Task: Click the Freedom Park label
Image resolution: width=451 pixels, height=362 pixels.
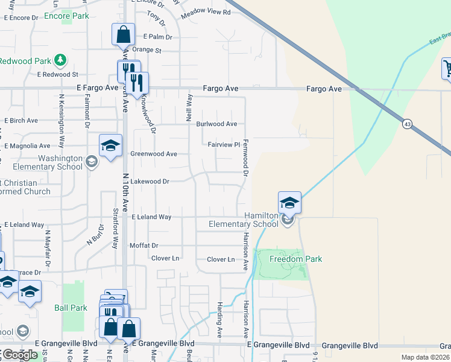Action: click(x=295, y=259)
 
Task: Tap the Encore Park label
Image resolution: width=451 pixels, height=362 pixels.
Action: click(x=66, y=16)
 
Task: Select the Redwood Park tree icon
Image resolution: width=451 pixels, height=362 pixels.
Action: click(x=59, y=60)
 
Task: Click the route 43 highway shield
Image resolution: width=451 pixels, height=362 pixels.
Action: click(x=408, y=124)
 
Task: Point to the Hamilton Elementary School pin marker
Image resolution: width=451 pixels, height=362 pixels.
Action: click(x=289, y=202)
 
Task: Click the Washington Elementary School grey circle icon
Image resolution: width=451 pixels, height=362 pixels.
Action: click(x=91, y=161)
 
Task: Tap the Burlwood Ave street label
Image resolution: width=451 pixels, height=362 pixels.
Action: click(x=216, y=124)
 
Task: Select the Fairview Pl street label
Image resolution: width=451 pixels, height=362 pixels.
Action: click(x=224, y=145)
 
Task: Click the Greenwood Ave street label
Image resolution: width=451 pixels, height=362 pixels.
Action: click(x=154, y=154)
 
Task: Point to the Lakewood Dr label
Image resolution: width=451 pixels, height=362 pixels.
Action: click(x=150, y=180)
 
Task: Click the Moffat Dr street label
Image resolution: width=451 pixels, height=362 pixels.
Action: click(x=143, y=246)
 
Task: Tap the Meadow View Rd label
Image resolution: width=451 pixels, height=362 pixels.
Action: click(x=206, y=12)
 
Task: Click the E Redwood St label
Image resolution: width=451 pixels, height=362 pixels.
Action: click(x=57, y=75)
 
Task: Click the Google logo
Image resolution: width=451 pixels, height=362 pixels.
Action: click(x=19, y=355)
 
